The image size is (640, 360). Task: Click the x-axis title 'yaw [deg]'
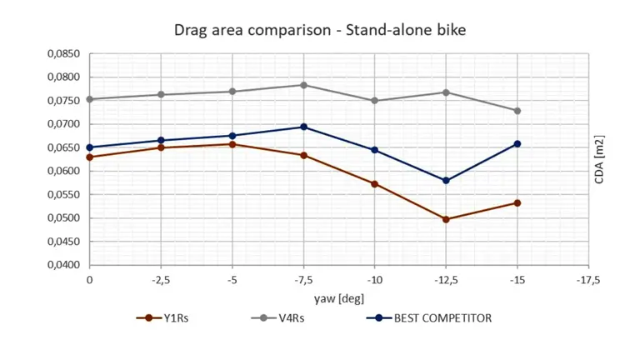pos(338,297)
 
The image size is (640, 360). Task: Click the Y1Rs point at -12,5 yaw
pos(446,219)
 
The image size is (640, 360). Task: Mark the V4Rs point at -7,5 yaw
pos(303,85)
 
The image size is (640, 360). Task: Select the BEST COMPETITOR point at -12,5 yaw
pos(446,181)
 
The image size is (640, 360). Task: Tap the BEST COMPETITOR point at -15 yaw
pos(517,143)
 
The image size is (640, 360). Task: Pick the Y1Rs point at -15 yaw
pos(517,202)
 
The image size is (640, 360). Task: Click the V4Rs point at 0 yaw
pos(90,99)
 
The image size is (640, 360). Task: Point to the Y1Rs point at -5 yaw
pos(232,144)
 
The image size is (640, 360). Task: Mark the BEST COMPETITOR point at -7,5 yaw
pos(303,127)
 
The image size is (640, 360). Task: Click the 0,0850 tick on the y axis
pos(63,54)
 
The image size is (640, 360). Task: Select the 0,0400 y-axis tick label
pos(63,266)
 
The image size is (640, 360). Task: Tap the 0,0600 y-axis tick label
pos(63,172)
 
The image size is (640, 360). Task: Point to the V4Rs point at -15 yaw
pos(517,111)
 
